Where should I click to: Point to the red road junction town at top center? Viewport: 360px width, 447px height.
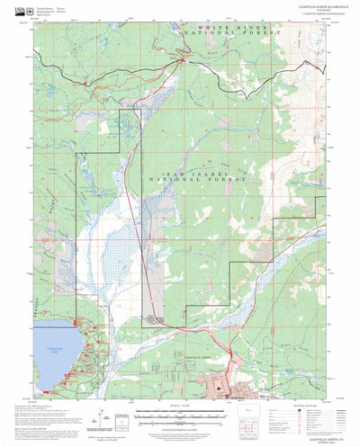(x=184, y=61)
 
